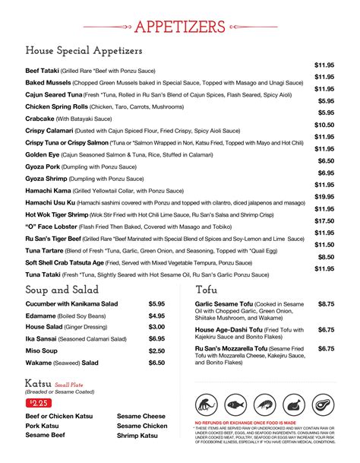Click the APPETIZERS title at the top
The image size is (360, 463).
(179, 27)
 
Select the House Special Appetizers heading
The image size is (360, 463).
(84, 51)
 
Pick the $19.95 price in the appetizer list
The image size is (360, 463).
(324, 197)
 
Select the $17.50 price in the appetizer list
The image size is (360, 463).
(324, 220)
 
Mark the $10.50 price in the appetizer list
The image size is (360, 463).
(324, 125)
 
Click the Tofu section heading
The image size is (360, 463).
(207, 290)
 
